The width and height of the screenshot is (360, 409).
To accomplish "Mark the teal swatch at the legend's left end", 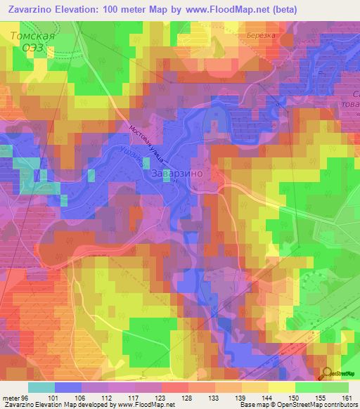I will (41, 387).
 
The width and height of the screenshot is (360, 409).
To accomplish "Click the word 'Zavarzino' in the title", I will (29, 10).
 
